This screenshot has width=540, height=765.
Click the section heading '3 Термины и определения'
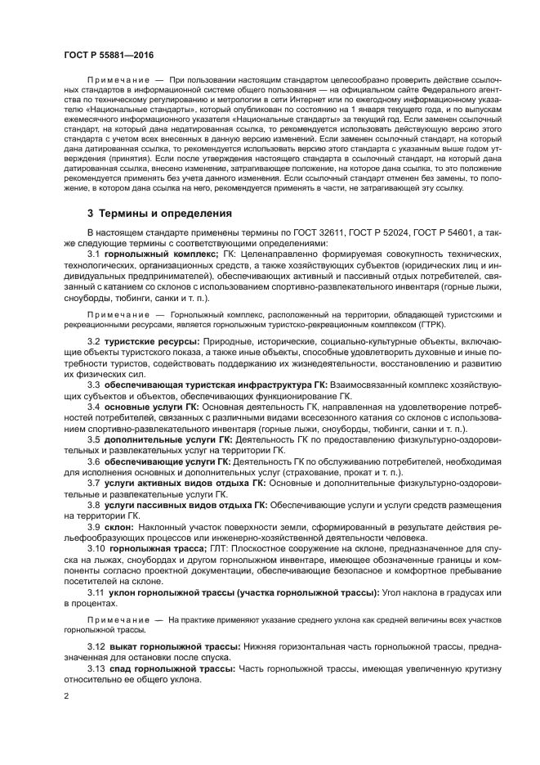pyautogui.click(x=160, y=213)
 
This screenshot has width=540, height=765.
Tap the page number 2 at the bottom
pyautogui.click(x=66, y=695)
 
